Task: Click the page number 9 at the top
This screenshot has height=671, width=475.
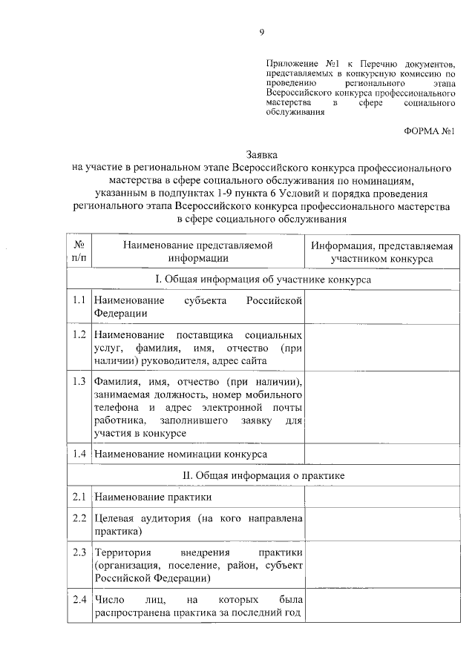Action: click(x=261, y=31)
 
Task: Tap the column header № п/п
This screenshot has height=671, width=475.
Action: click(x=79, y=251)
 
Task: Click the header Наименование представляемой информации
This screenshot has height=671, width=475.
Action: click(x=197, y=251)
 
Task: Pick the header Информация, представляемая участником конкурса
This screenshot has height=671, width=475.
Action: click(x=381, y=251)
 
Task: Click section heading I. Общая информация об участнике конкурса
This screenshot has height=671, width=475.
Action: click(x=263, y=280)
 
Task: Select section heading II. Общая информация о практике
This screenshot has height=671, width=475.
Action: click(x=263, y=474)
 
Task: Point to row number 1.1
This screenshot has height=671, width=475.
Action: click(x=79, y=300)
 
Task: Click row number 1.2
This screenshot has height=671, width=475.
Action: click(x=79, y=335)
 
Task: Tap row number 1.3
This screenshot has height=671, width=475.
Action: click(x=79, y=383)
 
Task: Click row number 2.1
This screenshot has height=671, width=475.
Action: click(x=79, y=496)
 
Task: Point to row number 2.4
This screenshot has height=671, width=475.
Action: click(x=79, y=599)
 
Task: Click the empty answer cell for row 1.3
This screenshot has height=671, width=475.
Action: click(x=381, y=407)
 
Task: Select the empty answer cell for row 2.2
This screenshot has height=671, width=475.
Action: click(x=381, y=524)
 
